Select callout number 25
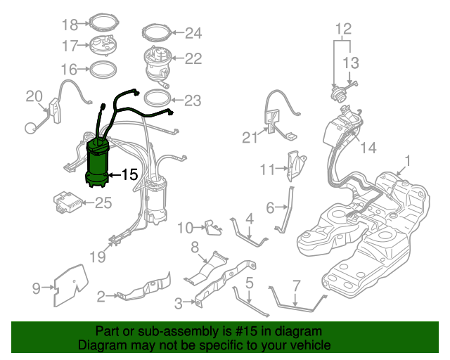(103, 204)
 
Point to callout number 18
(70, 25)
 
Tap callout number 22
(193, 59)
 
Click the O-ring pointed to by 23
(157, 98)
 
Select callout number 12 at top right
(342, 29)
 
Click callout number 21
(251, 138)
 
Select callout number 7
(296, 285)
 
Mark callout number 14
(368, 148)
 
